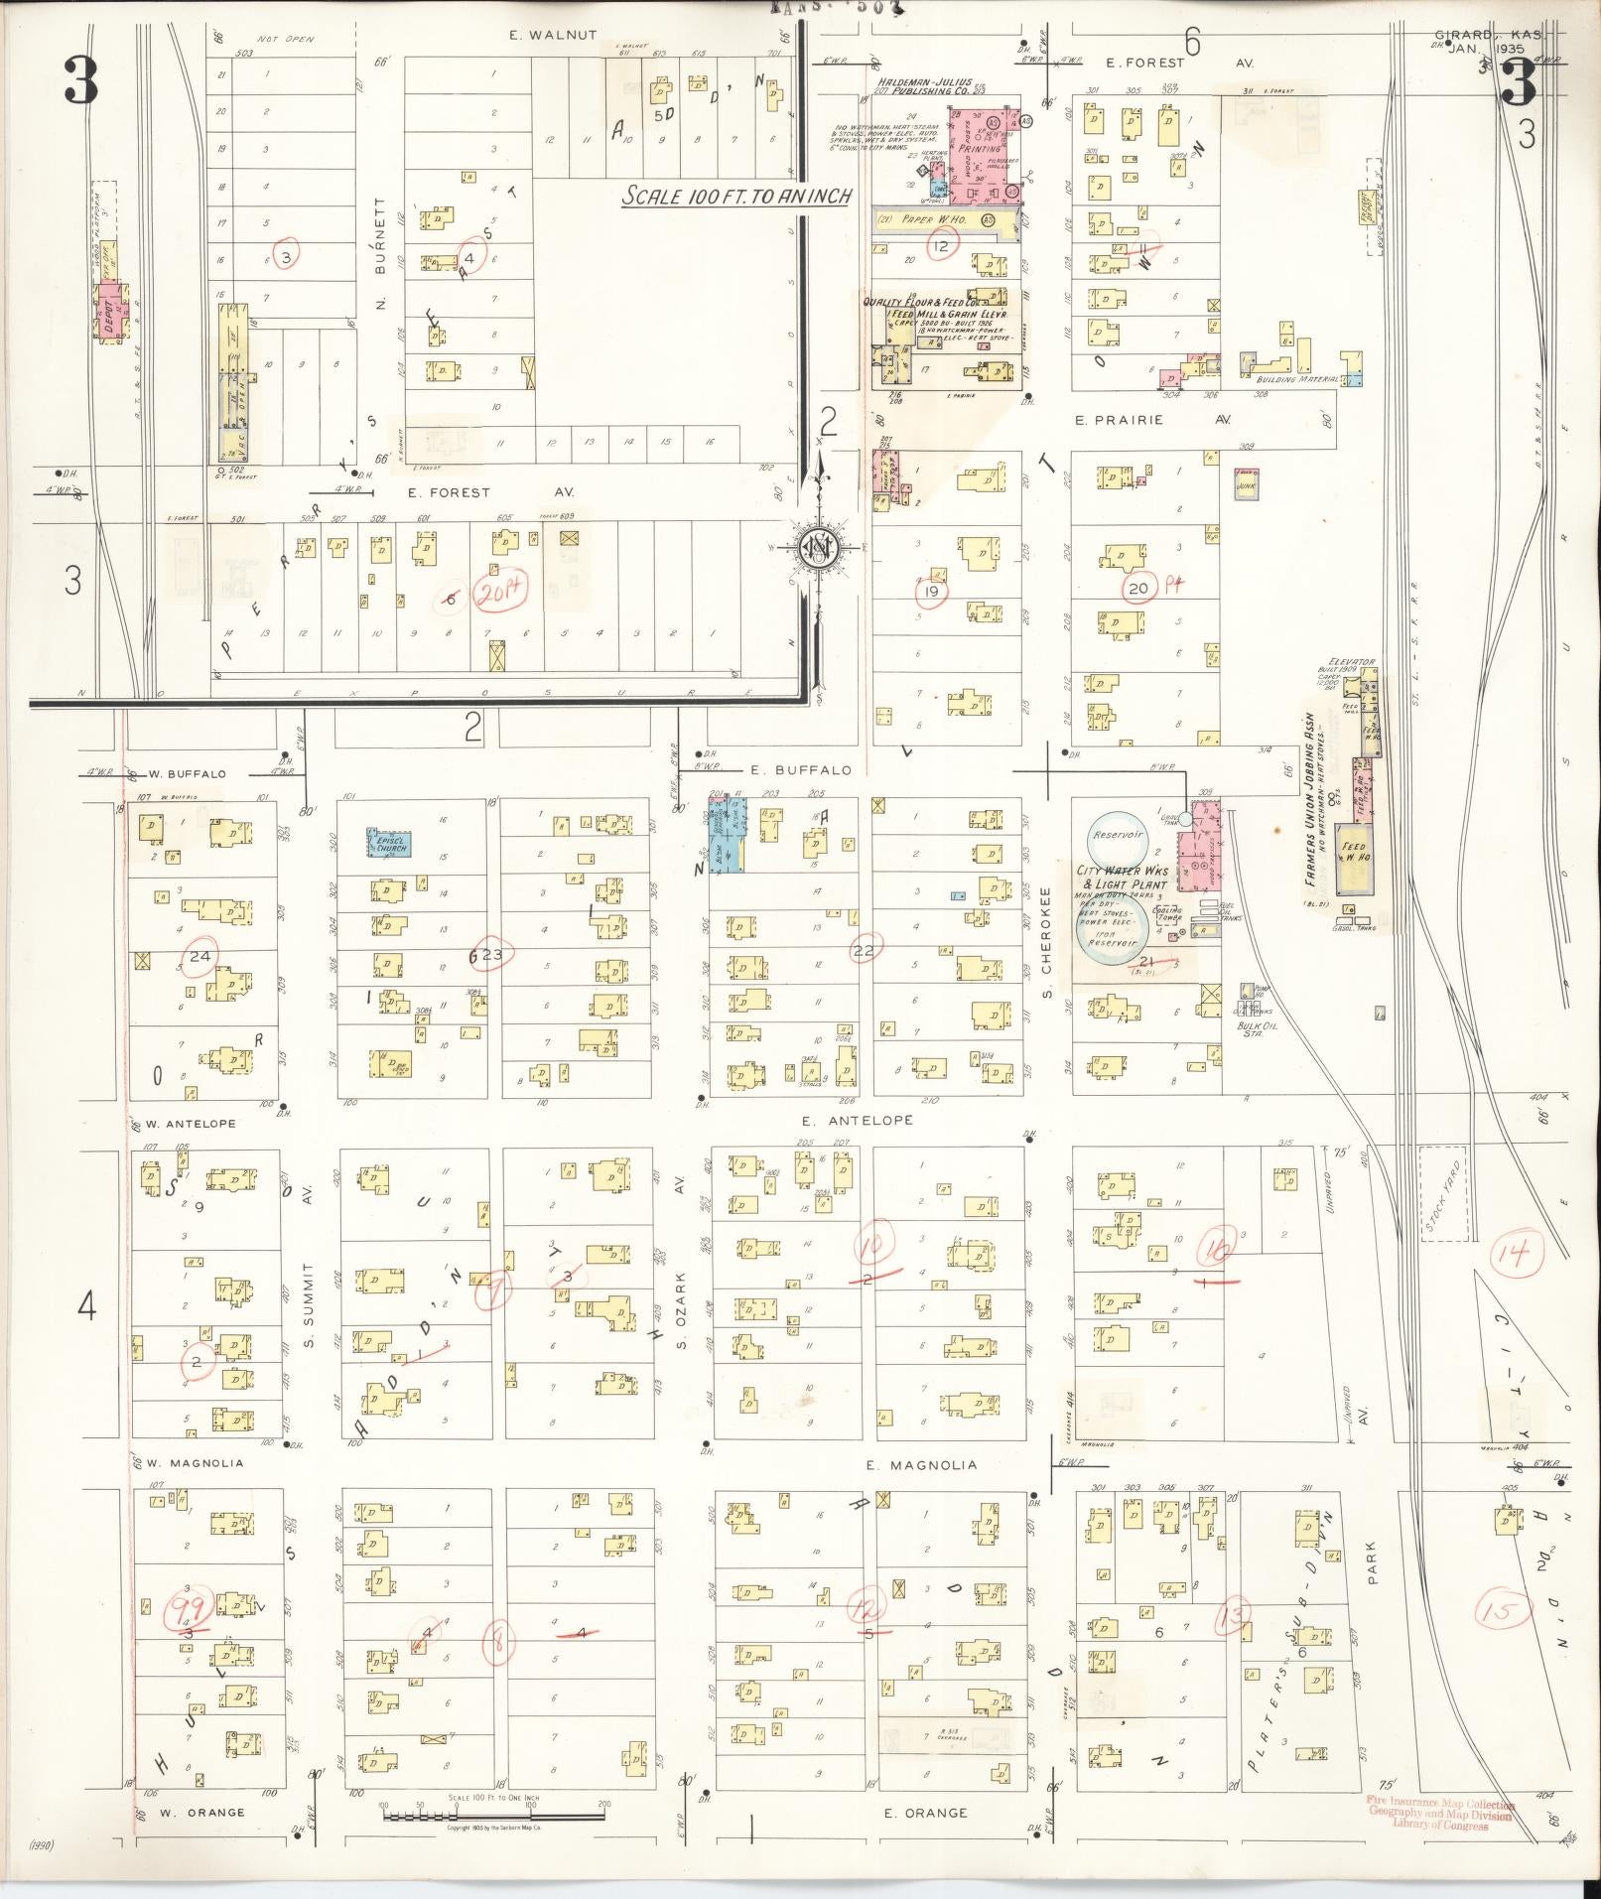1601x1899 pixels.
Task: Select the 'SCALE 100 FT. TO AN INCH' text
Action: tap(735, 197)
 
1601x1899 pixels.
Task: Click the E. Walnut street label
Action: tap(553, 35)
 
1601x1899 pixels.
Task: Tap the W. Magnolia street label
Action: tap(196, 1463)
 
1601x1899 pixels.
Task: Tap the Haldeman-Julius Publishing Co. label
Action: tap(922, 86)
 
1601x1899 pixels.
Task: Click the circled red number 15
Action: tap(1505, 1610)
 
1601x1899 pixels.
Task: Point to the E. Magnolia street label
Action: tap(921, 1464)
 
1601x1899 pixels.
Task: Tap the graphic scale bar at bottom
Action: tap(493, 1816)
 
